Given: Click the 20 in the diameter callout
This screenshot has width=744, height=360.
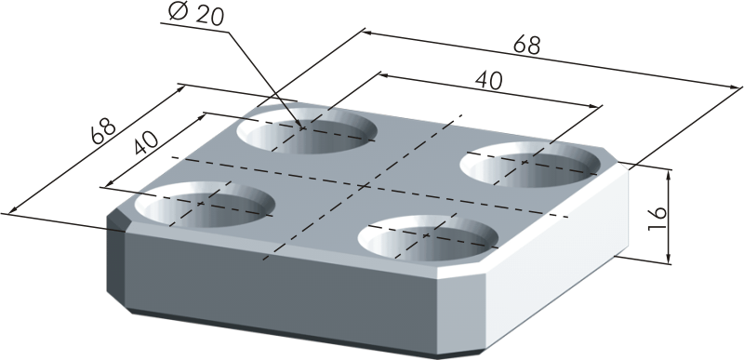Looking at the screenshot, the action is click(x=208, y=15).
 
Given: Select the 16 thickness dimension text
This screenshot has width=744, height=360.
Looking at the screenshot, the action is click(x=658, y=219).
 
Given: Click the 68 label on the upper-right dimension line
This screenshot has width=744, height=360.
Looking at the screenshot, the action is click(x=526, y=46).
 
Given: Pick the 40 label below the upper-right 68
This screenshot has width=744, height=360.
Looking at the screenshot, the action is click(x=489, y=81).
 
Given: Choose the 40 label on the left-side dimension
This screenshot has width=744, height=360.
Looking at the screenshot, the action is click(x=146, y=142).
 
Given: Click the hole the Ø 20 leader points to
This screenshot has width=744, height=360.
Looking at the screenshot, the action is click(x=307, y=129).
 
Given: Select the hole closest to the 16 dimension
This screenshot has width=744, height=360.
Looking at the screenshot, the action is click(x=530, y=164).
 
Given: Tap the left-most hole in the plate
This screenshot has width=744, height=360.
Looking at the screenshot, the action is click(x=205, y=204).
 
